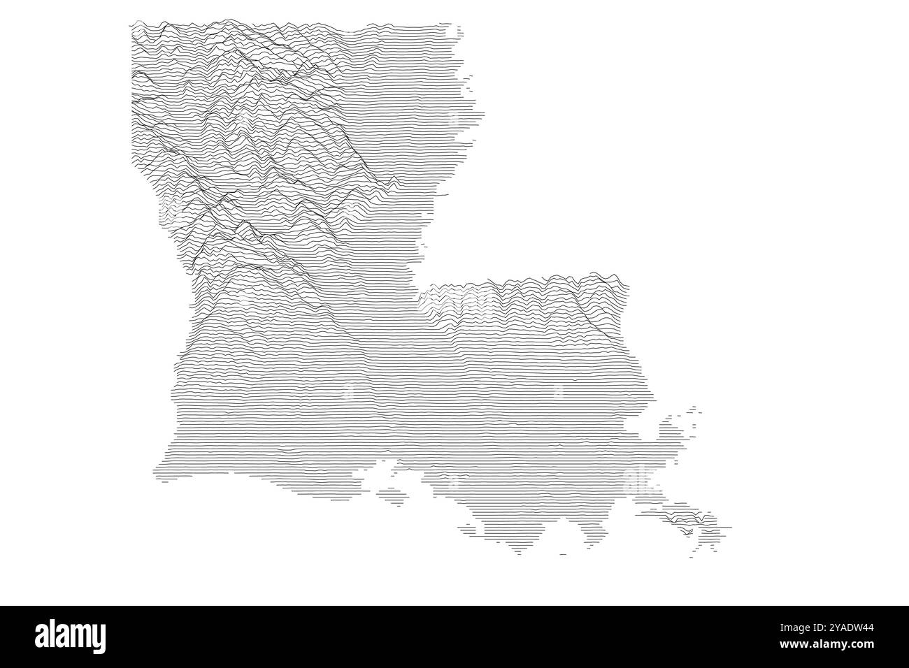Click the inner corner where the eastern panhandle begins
point(420,297)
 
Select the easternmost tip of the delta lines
point(729,526)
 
